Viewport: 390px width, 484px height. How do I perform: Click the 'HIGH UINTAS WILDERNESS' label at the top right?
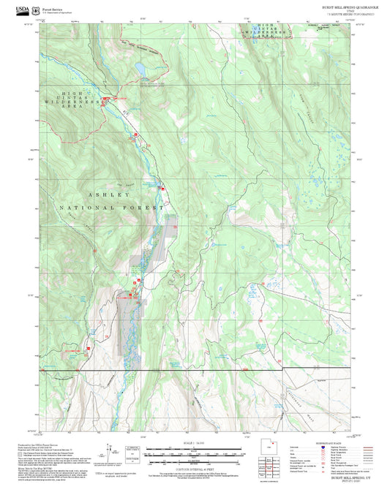pyautogui.click(x=263, y=31)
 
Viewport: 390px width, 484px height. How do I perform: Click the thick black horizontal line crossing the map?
pyautogui.click(x=198, y=371)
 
